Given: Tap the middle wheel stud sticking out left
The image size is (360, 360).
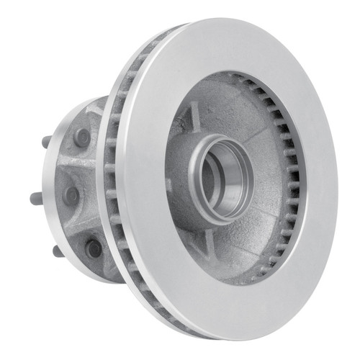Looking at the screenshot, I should [36, 195].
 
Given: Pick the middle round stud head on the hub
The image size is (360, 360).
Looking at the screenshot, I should [72, 194].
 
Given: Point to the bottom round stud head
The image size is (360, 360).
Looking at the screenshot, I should [93, 248].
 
